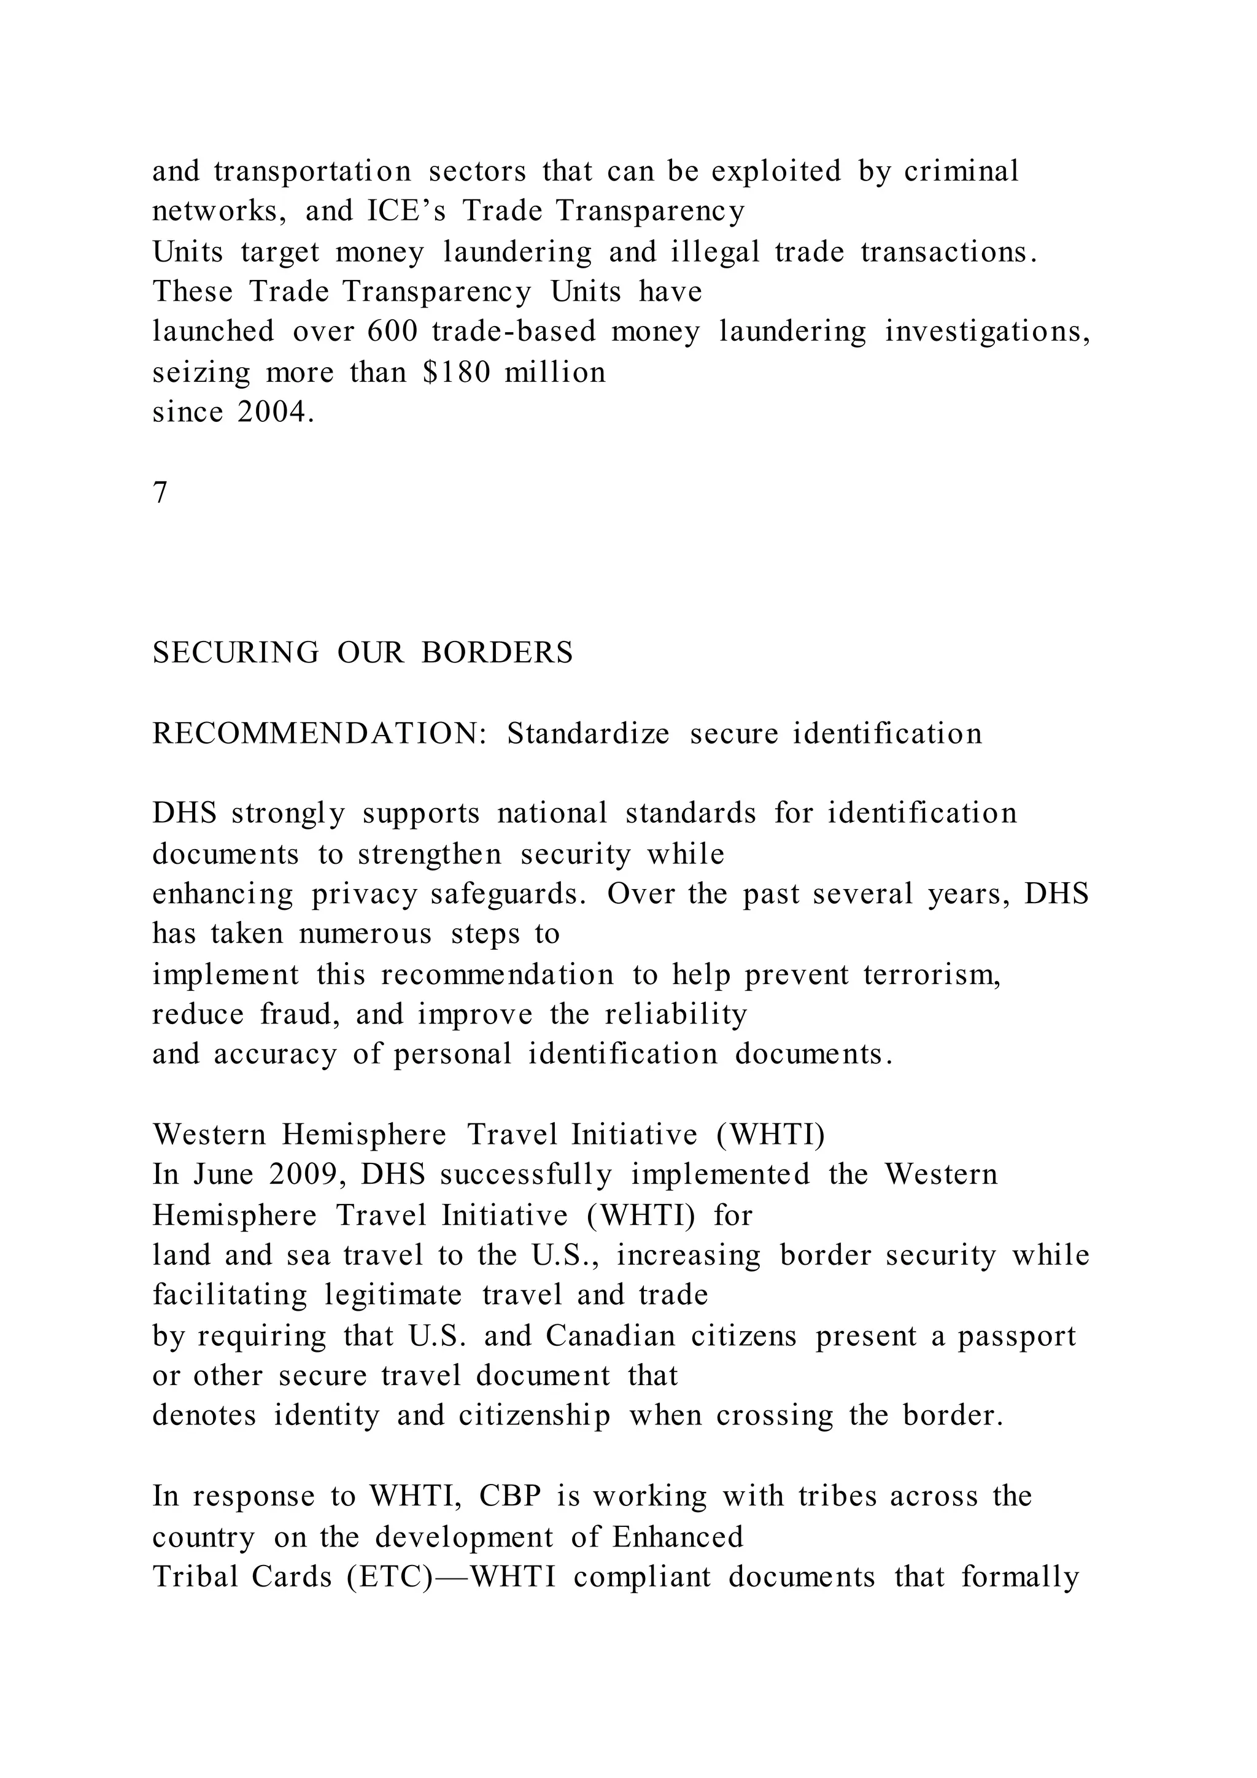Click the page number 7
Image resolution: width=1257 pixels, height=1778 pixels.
coord(160,492)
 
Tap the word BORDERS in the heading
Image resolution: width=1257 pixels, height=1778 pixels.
coord(497,653)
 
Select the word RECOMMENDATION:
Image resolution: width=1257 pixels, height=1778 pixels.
coord(319,733)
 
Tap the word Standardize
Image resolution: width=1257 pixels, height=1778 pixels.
coord(588,733)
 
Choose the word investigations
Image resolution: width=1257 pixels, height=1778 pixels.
coord(988,333)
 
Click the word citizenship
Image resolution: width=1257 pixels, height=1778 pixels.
coord(534,1416)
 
